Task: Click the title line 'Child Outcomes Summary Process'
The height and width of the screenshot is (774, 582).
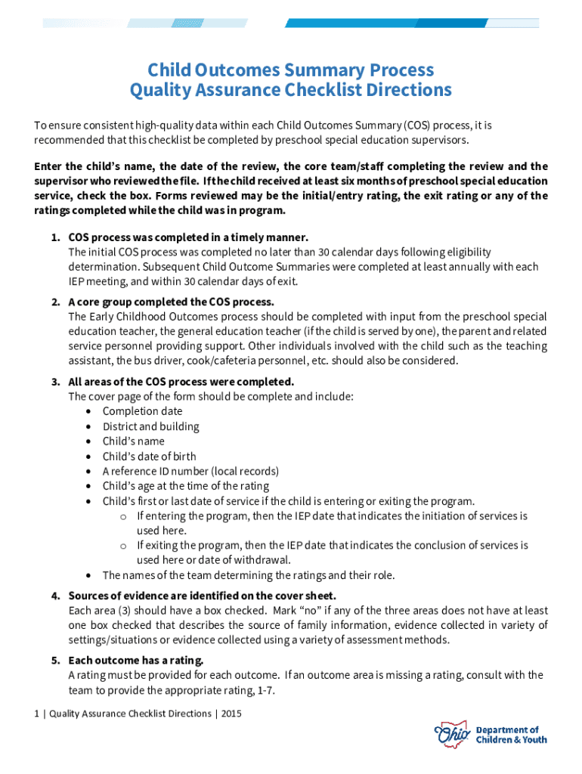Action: pos(291,70)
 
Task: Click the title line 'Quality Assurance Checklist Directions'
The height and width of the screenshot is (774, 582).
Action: pos(291,91)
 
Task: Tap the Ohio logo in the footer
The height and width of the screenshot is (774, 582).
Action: pos(452,734)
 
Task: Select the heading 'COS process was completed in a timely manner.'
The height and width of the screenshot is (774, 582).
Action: pos(188,237)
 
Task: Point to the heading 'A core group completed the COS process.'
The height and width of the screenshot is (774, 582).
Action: pos(171,302)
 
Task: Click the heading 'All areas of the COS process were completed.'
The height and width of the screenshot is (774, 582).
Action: pos(181,381)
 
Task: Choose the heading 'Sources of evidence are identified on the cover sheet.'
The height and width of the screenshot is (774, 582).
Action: pos(202,596)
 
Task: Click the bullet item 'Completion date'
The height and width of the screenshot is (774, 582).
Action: pos(142,411)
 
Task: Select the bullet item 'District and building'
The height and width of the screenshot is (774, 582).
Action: pos(151,426)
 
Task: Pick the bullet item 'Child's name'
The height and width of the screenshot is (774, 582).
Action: pos(133,441)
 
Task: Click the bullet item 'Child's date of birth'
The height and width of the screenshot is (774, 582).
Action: pos(149,457)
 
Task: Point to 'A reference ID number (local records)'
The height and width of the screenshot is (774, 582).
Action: pos(190,471)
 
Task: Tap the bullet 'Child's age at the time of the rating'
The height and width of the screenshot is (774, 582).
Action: pos(185,486)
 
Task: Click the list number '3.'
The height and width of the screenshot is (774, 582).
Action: pos(56,381)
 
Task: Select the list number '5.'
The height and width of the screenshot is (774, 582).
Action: pos(56,660)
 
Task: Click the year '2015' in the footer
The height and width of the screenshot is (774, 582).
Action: pos(232,714)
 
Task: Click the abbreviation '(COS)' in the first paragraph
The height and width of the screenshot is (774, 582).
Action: pos(416,125)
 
